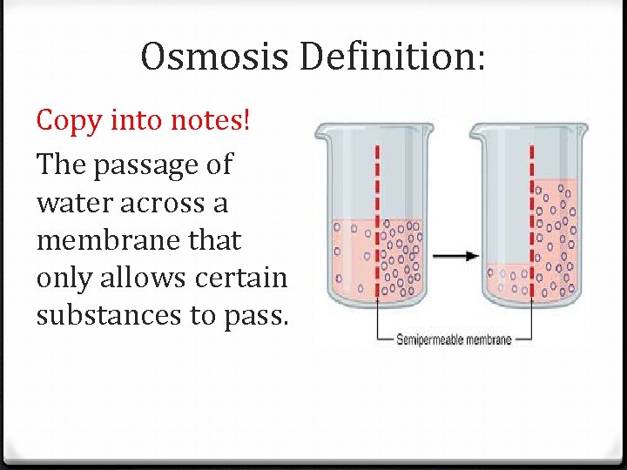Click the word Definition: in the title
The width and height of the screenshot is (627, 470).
394,58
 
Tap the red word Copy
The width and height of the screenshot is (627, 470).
68,121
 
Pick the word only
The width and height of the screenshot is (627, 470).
62,278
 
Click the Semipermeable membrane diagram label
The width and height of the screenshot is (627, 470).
454,339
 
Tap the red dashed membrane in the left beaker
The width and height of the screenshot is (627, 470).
377,218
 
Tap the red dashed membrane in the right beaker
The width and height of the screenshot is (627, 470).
530,218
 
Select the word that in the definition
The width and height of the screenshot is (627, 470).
211,240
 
